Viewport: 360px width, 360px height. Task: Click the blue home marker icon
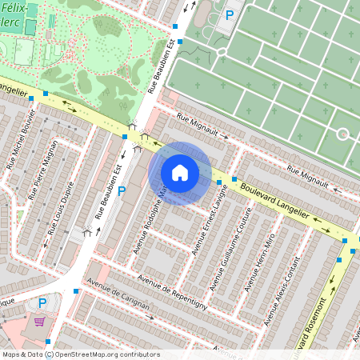pos(180,173)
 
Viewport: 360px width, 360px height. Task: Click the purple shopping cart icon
pos(39,322)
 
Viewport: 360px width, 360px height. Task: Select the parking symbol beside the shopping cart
pos(42,303)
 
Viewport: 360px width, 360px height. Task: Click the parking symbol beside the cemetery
pos(230,14)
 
